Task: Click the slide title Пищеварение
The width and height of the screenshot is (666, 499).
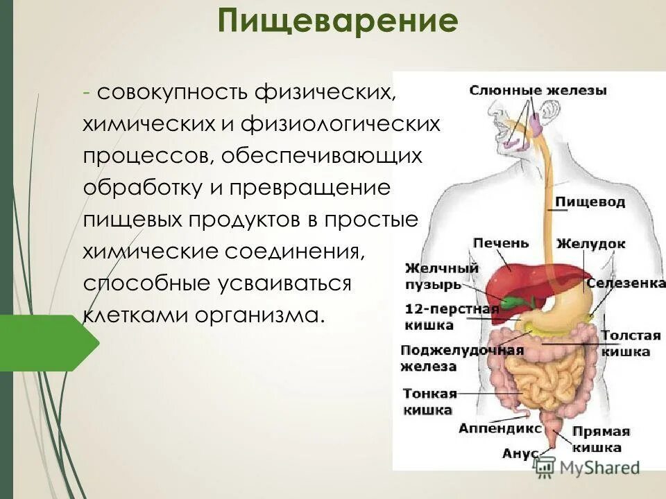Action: pyautogui.click(x=338, y=23)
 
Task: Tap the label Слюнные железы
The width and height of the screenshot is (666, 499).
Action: pyautogui.click(x=538, y=90)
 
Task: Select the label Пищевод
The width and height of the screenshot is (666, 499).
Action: pyautogui.click(x=590, y=202)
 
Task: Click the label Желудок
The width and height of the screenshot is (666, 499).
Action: pyautogui.click(x=590, y=244)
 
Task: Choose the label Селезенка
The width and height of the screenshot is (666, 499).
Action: pyautogui.click(x=626, y=283)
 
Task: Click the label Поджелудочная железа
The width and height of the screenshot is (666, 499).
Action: pyautogui.click(x=461, y=358)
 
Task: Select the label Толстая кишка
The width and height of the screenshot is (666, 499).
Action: pyautogui.click(x=631, y=344)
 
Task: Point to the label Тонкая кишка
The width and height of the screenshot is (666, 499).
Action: pyautogui.click(x=429, y=401)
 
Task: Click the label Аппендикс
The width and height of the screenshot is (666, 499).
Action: pyautogui.click(x=499, y=429)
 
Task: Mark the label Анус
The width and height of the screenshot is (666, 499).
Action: pyautogui.click(x=520, y=453)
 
